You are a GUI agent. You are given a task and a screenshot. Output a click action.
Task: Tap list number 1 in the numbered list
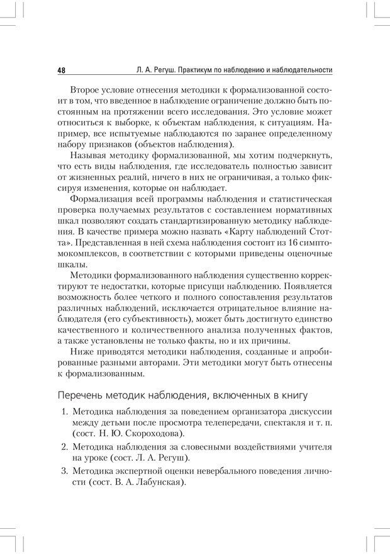[x=64, y=412]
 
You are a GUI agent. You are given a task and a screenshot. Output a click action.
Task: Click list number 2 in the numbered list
[x=64, y=446]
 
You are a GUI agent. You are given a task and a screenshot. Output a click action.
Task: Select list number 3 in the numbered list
[x=64, y=470]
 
